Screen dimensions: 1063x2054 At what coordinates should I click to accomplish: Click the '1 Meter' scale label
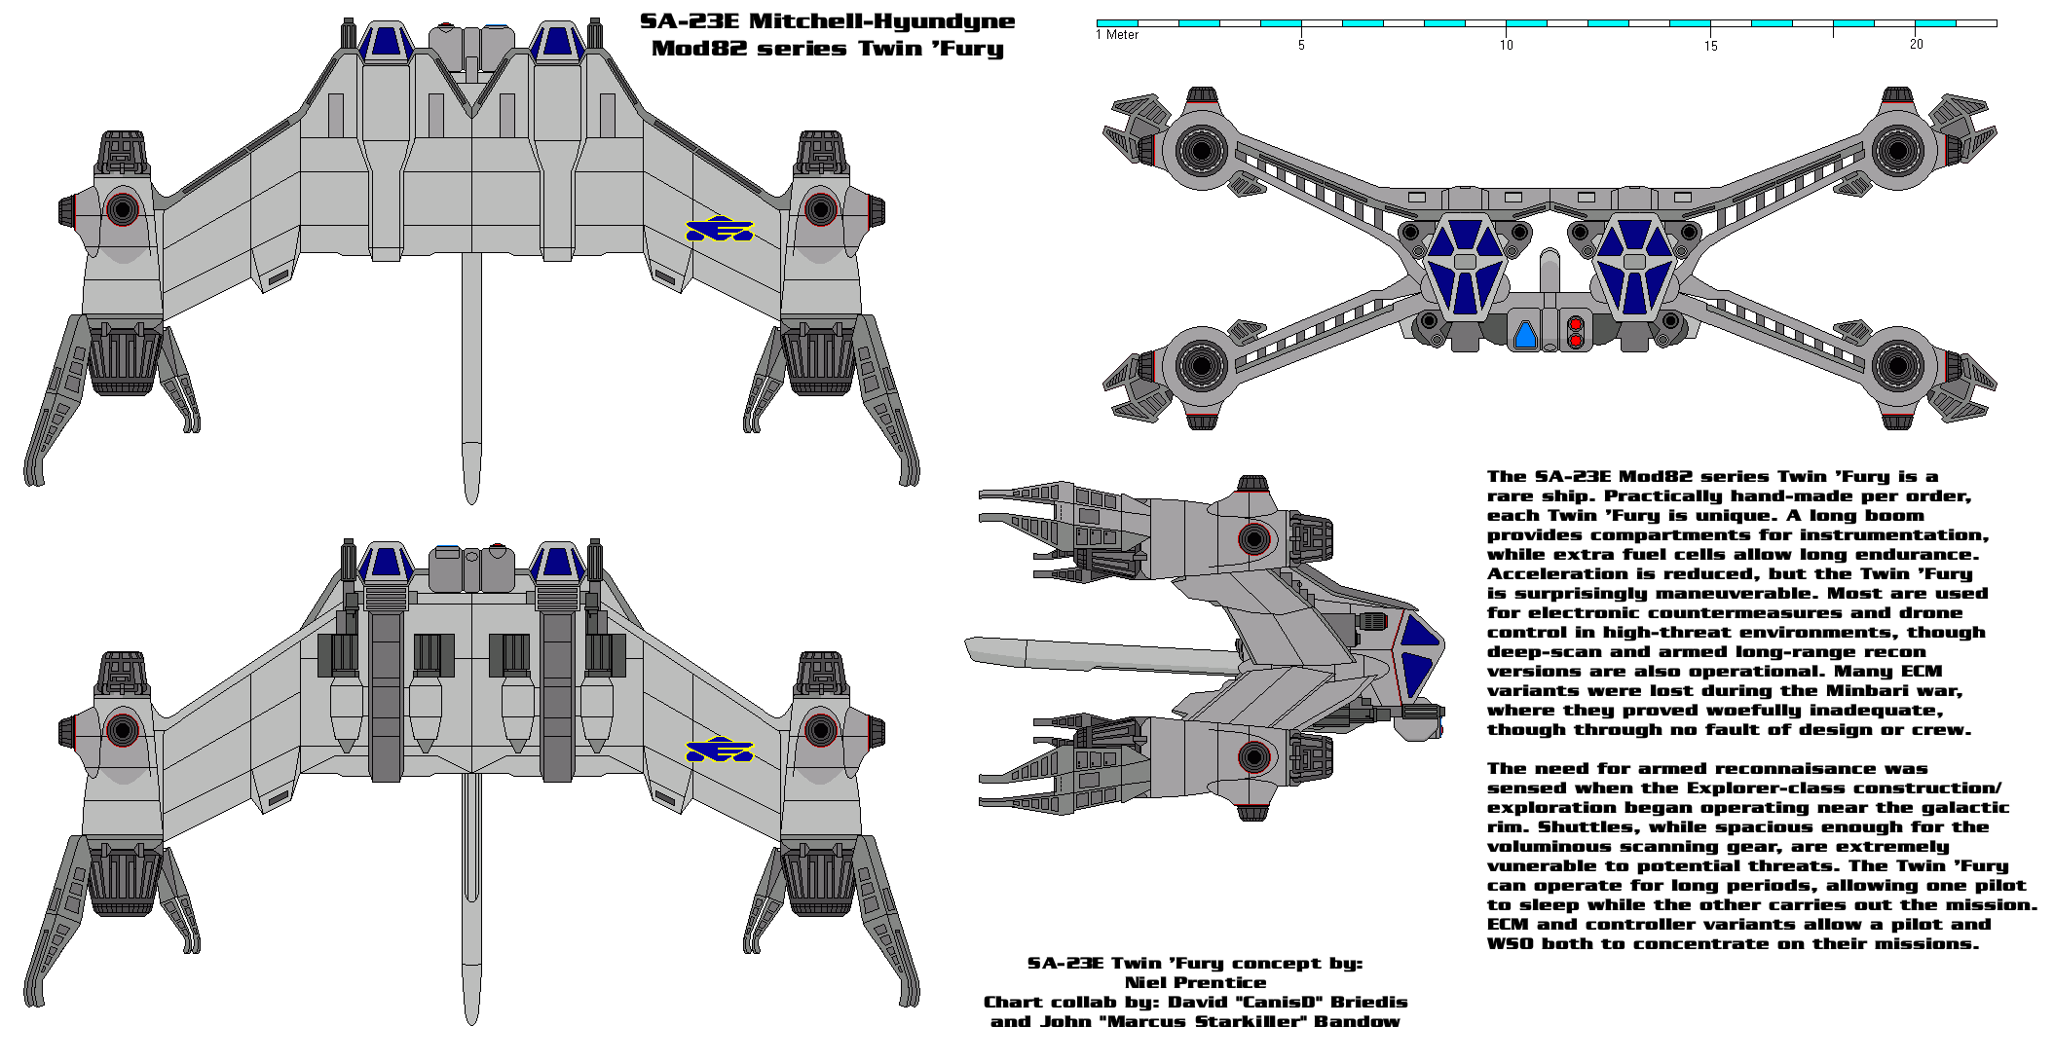[1117, 35]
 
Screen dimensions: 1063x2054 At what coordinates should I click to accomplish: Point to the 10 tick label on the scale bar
[1506, 45]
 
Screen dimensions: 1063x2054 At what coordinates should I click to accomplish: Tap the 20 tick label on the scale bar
[1916, 44]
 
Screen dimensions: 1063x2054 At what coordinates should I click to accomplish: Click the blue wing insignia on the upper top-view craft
[720, 229]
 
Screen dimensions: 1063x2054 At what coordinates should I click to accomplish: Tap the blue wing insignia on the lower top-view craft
[720, 751]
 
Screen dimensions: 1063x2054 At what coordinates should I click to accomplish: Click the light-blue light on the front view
[1525, 336]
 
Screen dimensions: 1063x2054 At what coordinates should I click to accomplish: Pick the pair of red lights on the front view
[1575, 331]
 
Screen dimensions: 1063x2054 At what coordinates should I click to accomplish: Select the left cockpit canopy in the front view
[1465, 266]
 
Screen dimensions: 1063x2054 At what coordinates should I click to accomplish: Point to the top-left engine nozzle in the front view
[1201, 151]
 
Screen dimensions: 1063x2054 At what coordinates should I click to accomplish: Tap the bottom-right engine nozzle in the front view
[1896, 367]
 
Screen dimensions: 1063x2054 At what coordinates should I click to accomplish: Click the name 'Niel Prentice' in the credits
[1195, 983]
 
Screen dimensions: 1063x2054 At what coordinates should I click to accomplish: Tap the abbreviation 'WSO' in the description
[1508, 944]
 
